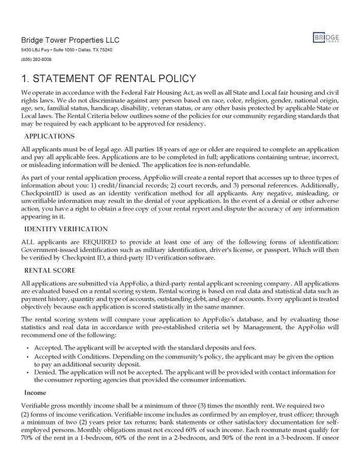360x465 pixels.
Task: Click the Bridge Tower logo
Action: tap(326, 39)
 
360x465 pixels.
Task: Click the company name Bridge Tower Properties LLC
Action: tap(70, 40)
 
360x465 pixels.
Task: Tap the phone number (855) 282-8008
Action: tap(37, 60)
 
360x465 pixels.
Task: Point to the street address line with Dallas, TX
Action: tap(67, 50)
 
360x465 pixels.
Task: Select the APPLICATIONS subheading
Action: tap(49, 136)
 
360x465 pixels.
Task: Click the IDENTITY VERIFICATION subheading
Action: tap(66, 229)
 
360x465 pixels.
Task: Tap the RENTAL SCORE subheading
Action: tap(50, 270)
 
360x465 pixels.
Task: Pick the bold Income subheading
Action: tap(35, 392)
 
